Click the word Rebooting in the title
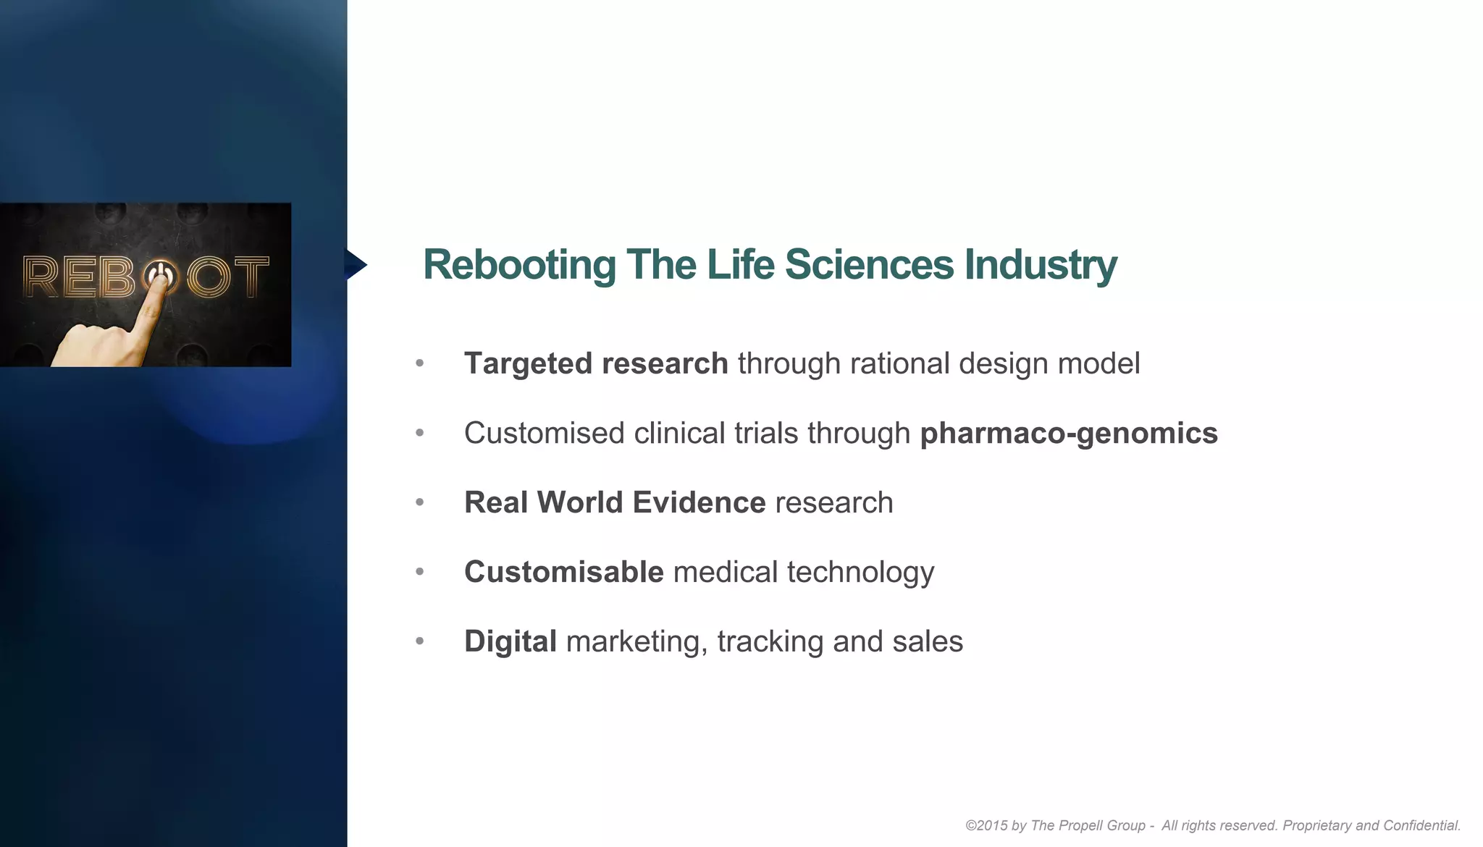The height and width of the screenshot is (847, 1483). click(519, 265)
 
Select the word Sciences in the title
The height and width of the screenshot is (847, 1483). click(869, 265)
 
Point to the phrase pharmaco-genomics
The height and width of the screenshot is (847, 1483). click(1069, 433)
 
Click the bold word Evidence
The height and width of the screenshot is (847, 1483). click(699, 502)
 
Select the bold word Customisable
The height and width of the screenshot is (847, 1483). click(563, 572)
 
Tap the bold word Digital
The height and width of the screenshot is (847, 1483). click(511, 641)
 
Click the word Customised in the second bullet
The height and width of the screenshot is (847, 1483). click(544, 433)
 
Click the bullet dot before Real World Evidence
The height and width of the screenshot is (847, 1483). click(420, 502)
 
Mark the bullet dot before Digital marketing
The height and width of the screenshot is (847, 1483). click(420, 641)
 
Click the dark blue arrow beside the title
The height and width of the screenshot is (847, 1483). click(355, 264)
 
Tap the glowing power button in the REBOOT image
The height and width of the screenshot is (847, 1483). click(160, 276)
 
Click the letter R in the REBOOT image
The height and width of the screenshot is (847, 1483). click(41, 277)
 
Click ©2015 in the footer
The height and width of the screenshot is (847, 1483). click(986, 825)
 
